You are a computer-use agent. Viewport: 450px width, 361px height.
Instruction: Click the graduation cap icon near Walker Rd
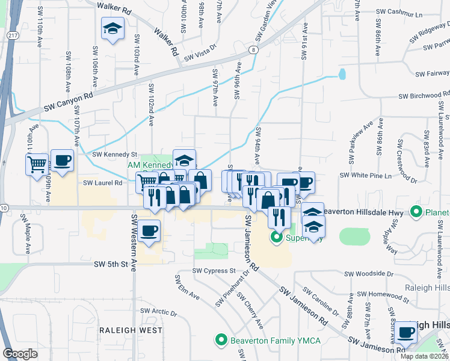point(112,29)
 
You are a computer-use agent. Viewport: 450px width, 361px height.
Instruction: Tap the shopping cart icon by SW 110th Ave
point(36,163)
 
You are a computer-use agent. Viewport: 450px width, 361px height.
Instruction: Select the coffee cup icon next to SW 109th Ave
point(62,161)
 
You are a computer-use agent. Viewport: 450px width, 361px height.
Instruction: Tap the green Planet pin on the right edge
point(415,212)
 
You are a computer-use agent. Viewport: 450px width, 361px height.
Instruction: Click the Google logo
point(20,354)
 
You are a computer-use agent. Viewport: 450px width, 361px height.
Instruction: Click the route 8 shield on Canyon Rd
point(254,49)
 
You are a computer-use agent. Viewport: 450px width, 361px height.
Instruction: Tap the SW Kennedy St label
point(115,155)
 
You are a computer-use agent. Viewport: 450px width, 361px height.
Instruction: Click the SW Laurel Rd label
point(102,182)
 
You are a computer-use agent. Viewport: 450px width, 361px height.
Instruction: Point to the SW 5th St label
point(112,264)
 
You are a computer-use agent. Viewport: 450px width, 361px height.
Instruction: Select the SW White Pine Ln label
point(366,175)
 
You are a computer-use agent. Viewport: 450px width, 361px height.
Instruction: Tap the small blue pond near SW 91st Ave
point(342,74)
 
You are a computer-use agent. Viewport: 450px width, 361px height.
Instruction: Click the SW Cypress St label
point(214,271)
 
